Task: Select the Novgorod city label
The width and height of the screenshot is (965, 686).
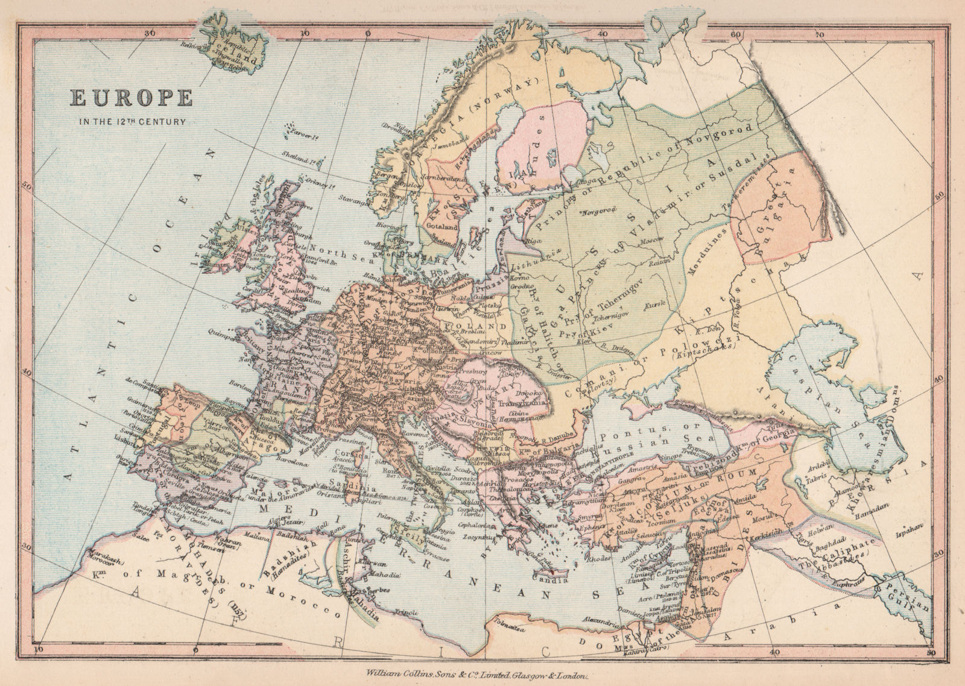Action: click(596, 213)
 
